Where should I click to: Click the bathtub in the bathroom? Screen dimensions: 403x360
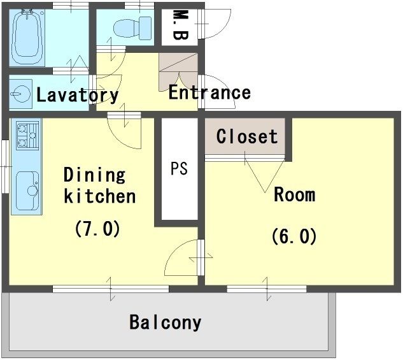pos(27,38)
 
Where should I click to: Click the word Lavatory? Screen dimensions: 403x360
pos(78,95)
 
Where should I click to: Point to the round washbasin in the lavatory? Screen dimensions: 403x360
pos(21,94)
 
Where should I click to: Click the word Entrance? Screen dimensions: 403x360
pos(209,92)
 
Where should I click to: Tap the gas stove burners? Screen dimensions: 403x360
pos(27,135)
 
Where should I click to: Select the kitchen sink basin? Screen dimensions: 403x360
pos(27,191)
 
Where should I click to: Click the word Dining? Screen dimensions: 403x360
pos(95,175)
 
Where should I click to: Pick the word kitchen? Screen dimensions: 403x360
pos(100,196)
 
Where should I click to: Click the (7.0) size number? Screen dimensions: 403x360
pos(97,228)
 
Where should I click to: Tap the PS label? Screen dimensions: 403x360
pos(179,168)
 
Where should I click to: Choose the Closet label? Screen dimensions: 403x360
pos(247,136)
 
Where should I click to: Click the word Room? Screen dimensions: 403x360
pos(295,194)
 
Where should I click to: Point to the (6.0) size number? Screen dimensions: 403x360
pos(294,236)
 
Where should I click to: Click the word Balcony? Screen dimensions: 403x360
pos(166,322)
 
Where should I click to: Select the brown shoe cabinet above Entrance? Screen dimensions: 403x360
pos(178,72)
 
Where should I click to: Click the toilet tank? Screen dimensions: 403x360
pos(145,28)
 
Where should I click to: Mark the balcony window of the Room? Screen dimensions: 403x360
pos(267,289)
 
